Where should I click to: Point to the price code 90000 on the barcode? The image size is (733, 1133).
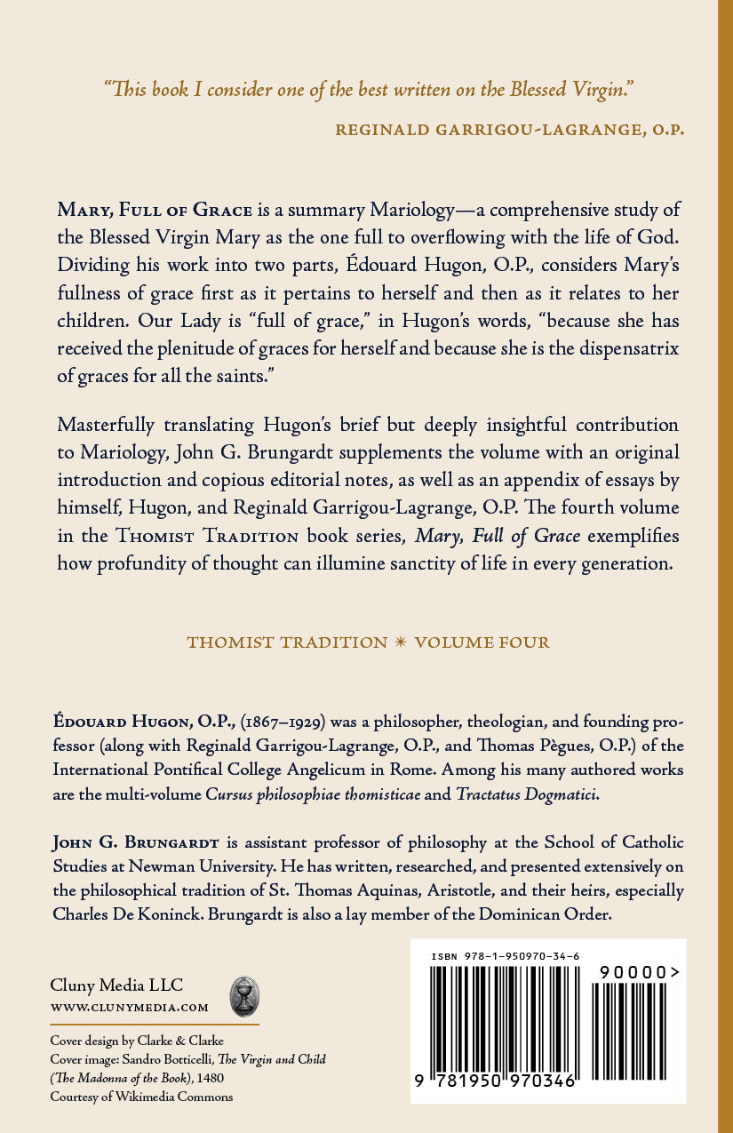coord(633,973)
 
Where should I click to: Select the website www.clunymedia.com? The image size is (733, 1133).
coord(130,1007)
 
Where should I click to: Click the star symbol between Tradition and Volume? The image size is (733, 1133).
coord(402,642)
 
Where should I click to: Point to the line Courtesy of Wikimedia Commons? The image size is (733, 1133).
coord(141,1097)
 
